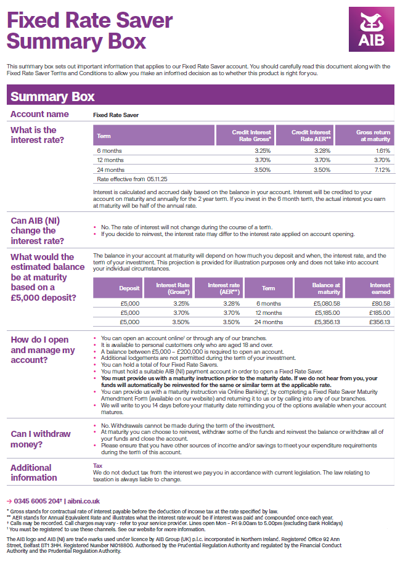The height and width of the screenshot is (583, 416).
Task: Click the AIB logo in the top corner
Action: pos(371,30)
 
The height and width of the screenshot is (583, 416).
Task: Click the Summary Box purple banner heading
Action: pos(52,96)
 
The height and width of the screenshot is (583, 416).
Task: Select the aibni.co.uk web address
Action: pos(83,501)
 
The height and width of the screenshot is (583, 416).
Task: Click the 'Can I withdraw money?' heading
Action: pos(41,439)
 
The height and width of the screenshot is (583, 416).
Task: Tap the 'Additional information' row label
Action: pos(34,473)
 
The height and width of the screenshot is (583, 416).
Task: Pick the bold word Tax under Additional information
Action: pos(97,466)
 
